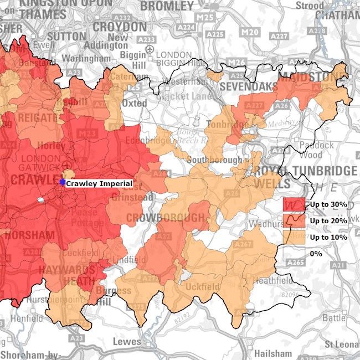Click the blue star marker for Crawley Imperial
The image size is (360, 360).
pyautogui.click(x=62, y=183)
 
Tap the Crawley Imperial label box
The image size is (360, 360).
pyautogui.click(x=99, y=183)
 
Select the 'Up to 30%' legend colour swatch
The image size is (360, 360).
pyautogui.click(x=294, y=205)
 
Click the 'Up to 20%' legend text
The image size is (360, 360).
pyautogui.click(x=328, y=221)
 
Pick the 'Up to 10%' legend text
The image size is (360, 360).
pyautogui.click(x=328, y=238)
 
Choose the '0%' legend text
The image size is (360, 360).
pyautogui.click(x=316, y=254)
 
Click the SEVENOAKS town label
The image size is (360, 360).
pyautogui.click(x=249, y=87)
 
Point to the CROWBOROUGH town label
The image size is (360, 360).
pyautogui.click(x=165, y=218)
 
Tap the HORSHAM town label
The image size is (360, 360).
pyautogui.click(x=28, y=235)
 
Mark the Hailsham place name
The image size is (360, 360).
pyautogui.click(x=273, y=353)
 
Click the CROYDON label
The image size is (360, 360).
pyautogui.click(x=120, y=27)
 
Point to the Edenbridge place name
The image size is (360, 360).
pyautogui.click(x=156, y=141)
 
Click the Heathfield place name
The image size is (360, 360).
pyautogui.click(x=273, y=281)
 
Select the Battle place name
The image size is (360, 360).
pyautogui.click(x=334, y=318)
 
